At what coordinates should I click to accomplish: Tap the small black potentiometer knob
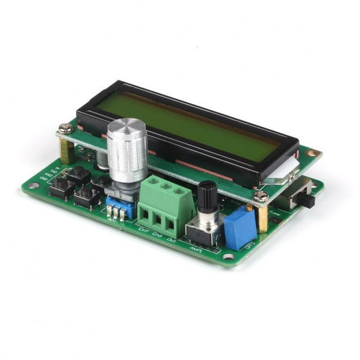(207, 197)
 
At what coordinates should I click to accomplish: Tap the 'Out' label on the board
(170, 240)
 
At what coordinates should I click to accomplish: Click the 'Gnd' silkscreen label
(157, 235)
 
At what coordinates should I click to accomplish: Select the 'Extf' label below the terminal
(144, 230)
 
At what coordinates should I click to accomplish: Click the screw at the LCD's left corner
(66, 126)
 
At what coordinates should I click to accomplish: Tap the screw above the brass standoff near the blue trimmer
(261, 195)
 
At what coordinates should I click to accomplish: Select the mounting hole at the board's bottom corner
(228, 256)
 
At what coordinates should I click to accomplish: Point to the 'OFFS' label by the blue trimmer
(247, 247)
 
